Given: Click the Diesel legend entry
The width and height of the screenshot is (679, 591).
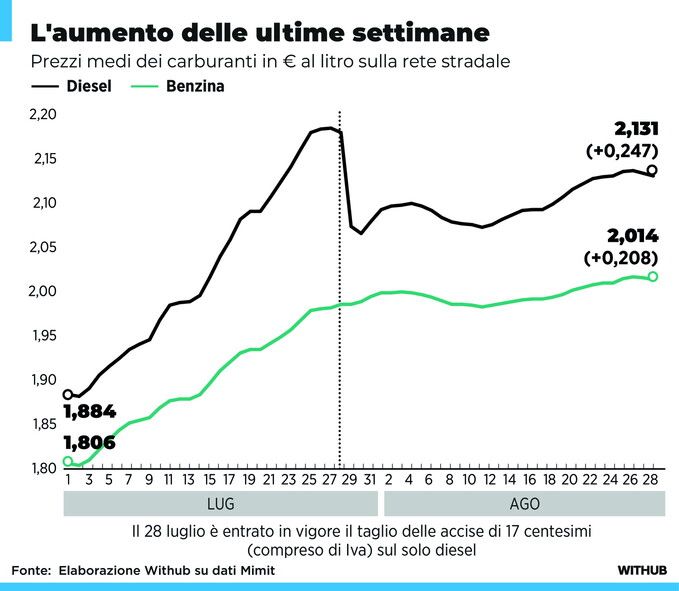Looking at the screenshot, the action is (71, 86).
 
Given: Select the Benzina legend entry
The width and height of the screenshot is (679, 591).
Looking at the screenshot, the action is (178, 86).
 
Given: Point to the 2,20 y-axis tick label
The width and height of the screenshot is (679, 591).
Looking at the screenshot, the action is (43, 114).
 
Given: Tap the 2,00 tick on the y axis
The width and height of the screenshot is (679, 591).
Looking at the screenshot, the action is (43, 291).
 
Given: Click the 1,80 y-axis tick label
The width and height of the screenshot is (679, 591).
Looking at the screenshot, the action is (44, 468).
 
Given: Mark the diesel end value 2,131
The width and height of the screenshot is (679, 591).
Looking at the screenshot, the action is (637, 129).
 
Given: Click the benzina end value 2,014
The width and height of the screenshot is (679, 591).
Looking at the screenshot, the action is (633, 236).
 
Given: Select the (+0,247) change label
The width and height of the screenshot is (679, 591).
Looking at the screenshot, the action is (622, 151).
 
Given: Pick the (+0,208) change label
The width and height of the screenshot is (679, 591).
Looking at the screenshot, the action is (621, 258).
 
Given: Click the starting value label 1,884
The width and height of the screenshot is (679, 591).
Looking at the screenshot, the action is (90, 411).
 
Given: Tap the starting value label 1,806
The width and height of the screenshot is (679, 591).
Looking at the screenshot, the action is (90, 442).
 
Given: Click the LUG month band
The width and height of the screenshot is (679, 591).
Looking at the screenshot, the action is (221, 504).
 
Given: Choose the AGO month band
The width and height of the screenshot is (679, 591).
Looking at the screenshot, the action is (524, 504).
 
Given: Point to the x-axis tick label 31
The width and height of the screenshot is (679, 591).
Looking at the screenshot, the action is (369, 480).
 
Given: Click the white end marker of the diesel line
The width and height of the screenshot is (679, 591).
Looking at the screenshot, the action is (652, 170).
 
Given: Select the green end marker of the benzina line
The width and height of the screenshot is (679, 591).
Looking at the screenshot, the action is (653, 277).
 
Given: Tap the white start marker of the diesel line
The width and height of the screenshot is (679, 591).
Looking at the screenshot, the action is (68, 394).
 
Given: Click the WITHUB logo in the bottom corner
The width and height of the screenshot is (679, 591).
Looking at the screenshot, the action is (642, 570).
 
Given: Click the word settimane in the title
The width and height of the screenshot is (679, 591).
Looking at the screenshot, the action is (421, 32).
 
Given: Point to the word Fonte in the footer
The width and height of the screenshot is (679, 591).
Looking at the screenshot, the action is (31, 570).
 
